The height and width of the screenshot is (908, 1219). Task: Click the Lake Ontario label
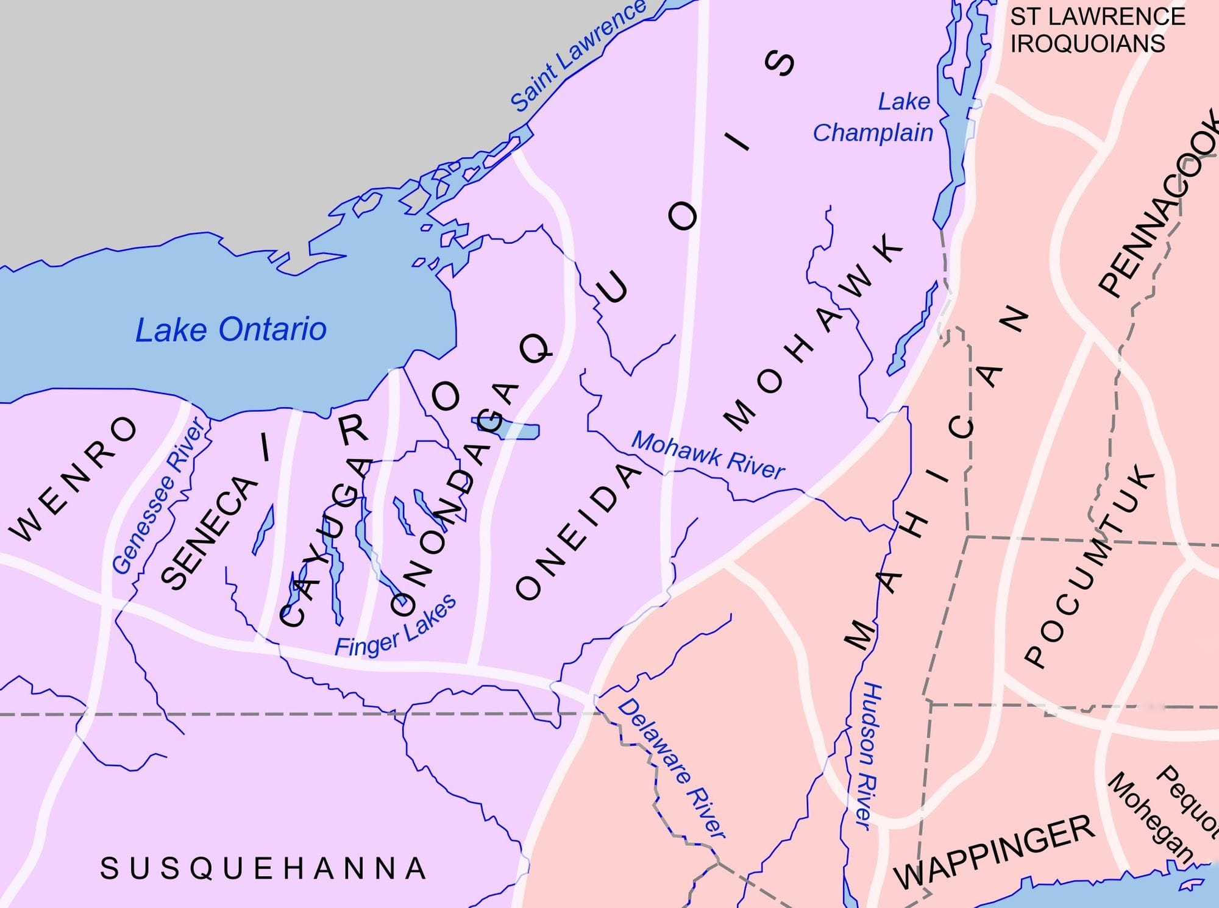230,330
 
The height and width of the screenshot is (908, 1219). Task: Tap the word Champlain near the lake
873,133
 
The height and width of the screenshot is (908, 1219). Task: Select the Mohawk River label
708,455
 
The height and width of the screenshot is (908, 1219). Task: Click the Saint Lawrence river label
577,56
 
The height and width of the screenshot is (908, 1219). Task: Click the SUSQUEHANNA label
263,868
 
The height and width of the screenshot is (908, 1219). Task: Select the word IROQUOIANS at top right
1087,44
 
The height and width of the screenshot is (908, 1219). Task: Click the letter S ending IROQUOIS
780,63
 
